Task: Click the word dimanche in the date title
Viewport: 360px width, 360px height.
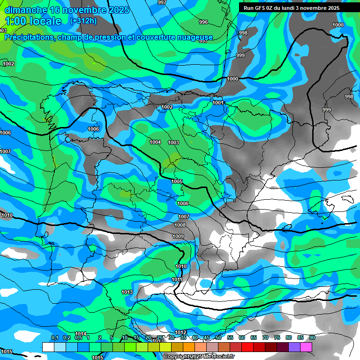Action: click(25, 10)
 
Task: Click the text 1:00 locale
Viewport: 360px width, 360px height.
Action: click(33, 21)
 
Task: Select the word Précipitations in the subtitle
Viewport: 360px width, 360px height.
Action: click(28, 37)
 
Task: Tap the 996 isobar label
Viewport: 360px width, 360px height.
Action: click(203, 22)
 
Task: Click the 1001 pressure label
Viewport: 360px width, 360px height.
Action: click(217, 103)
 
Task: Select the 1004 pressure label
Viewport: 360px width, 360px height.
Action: click(155, 142)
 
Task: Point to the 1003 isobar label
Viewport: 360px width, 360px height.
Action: click(173, 142)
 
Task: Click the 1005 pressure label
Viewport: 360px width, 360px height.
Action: click(177, 181)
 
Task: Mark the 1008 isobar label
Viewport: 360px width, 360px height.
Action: click(180, 225)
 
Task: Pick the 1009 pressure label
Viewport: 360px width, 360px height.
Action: click(178, 236)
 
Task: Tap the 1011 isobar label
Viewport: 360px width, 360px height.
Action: click(177, 279)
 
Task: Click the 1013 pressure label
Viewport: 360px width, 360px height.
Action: click(127, 292)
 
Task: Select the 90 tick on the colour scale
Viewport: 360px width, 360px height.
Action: click(312, 337)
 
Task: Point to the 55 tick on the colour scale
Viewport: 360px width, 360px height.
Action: click(230, 337)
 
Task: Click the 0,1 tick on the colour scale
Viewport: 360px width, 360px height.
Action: click(54, 337)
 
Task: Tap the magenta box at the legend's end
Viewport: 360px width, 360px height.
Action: click(306, 347)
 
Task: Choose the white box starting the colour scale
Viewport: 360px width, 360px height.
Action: click(48, 347)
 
